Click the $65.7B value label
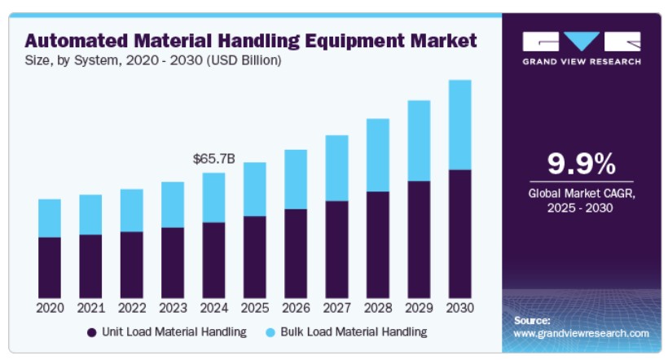click(214, 159)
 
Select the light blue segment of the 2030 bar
click(460, 125)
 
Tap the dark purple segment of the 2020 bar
click(50, 267)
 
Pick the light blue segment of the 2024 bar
click(214, 198)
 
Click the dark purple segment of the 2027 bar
click(337, 249)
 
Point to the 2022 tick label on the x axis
click(132, 308)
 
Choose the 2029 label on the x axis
click(419, 308)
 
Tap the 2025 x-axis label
click(255, 308)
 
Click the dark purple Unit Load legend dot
click(91, 332)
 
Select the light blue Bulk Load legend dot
click(270, 332)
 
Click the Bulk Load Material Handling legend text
click(354, 331)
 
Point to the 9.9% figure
click(582, 164)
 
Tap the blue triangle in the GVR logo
click(582, 40)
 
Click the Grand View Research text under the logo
click(582, 62)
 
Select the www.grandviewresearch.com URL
click(581, 334)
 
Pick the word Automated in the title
click(77, 41)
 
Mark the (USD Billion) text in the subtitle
click(244, 60)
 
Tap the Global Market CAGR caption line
click(582, 194)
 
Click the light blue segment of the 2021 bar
click(90, 215)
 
